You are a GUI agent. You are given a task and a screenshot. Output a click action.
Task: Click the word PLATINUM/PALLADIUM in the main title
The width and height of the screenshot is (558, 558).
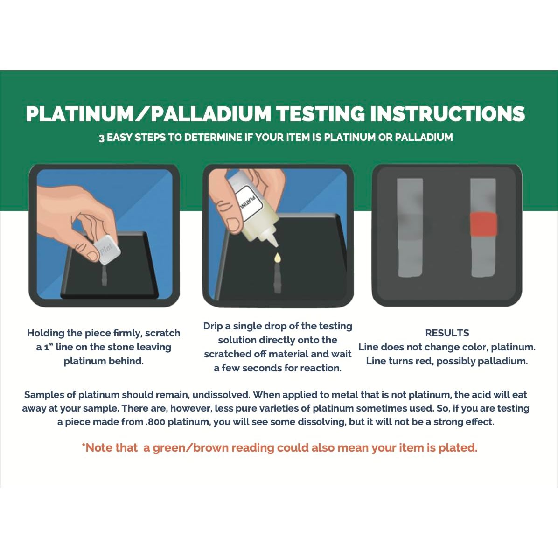click(148, 114)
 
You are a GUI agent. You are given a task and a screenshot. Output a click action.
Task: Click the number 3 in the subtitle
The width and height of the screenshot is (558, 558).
click(101, 138)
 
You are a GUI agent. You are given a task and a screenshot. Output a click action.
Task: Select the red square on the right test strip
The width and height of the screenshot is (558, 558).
click(483, 224)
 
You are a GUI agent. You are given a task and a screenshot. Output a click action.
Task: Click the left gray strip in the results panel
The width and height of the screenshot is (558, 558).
click(410, 227)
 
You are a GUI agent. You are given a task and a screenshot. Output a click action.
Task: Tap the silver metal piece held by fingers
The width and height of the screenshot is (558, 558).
click(106, 249)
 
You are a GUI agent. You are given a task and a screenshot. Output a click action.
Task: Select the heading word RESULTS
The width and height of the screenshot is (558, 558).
click(447, 333)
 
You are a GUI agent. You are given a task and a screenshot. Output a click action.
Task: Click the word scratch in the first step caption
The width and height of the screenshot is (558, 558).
click(163, 333)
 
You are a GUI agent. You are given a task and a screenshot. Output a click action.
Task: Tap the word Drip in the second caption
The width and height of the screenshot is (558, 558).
click(212, 326)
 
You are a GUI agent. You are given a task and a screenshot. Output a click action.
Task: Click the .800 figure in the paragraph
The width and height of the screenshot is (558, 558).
click(155, 422)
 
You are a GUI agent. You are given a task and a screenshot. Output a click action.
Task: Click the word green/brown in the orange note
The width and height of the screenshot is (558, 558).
click(191, 448)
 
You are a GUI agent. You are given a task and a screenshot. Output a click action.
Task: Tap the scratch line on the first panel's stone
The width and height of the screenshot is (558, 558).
click(104, 275)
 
